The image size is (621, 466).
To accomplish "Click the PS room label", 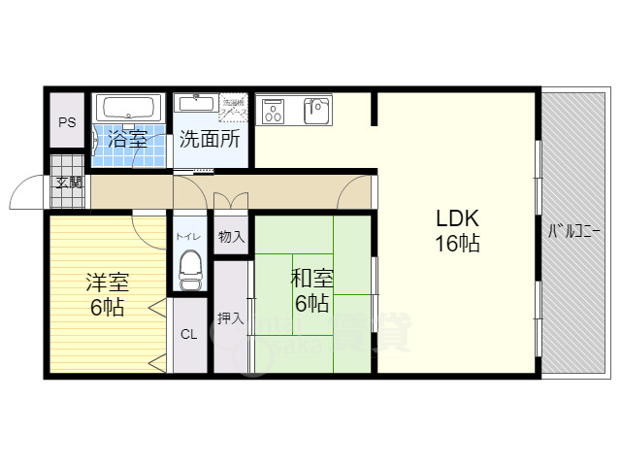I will click(x=67, y=122).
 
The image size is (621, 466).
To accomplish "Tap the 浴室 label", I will click(x=127, y=138).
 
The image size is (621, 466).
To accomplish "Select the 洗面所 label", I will click(x=210, y=138).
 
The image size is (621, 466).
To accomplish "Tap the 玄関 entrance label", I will click(x=68, y=182).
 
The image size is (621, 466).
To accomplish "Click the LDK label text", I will click(x=456, y=217).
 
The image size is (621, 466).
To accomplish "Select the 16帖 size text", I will click(x=456, y=245).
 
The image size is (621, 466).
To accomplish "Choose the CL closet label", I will click(x=189, y=335).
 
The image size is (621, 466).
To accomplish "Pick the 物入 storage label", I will click(x=231, y=236).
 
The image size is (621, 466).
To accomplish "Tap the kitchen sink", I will click(x=317, y=108).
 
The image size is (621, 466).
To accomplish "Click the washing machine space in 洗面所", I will click(x=235, y=107).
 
